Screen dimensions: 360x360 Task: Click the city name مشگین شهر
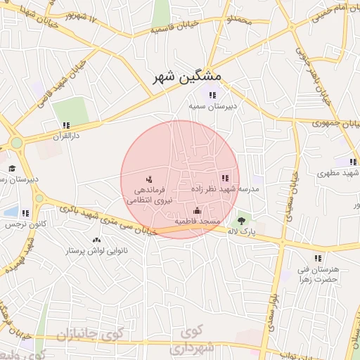pos(187,75)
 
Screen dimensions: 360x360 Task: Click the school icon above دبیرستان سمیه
pos(212,95)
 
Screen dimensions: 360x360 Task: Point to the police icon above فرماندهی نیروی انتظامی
pos(148,179)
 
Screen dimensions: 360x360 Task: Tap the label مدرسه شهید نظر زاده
pos(225,189)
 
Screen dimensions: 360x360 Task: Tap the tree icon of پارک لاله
pos(251,221)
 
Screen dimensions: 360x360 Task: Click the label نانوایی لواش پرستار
pos(95,251)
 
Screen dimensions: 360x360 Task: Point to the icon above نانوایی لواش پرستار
pos(96,240)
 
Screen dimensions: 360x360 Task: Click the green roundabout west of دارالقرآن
pos(15,142)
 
